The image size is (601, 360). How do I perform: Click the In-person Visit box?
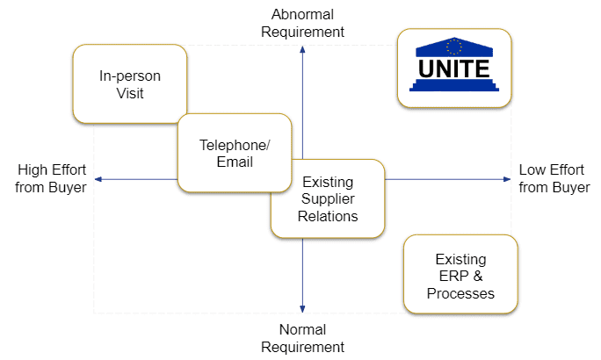click(x=130, y=84)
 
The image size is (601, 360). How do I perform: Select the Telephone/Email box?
click(x=235, y=153)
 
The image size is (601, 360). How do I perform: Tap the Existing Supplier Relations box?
click(x=328, y=198)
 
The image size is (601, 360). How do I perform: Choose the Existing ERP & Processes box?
click(x=460, y=274)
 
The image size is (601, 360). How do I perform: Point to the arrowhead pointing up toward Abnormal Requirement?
click(x=302, y=49)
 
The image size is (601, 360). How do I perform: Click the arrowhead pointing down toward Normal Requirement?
click(x=302, y=309)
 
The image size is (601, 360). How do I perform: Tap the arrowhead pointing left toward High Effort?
click(x=98, y=179)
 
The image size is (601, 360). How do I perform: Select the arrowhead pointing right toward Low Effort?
click(x=507, y=179)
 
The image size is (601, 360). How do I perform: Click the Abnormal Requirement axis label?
click(x=302, y=23)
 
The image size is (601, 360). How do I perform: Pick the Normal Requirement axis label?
click(x=302, y=338)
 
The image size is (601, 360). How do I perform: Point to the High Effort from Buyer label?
click(x=51, y=178)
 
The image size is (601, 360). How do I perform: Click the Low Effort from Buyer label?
click(x=554, y=178)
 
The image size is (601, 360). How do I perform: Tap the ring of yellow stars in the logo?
click(x=454, y=47)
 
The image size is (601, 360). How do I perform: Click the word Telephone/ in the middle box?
click(x=235, y=145)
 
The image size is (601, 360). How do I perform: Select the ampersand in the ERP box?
click(x=478, y=276)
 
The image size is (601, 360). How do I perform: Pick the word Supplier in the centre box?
click(x=328, y=198)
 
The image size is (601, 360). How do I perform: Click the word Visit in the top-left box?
click(x=130, y=93)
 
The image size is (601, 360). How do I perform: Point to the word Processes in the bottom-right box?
click(x=460, y=293)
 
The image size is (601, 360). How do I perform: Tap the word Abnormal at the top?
click(x=302, y=15)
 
